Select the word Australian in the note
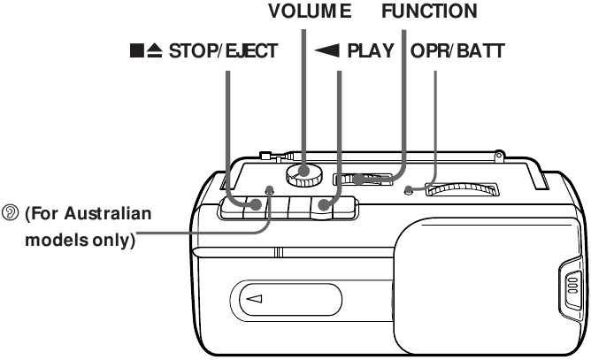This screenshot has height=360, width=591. [x=104, y=215]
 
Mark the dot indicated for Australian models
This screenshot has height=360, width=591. [x=269, y=190]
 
